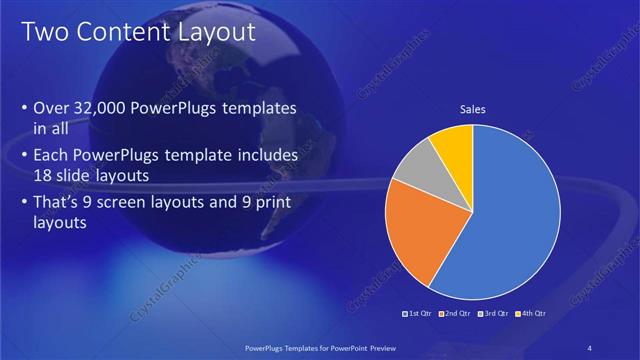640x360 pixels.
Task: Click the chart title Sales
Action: pyautogui.click(x=473, y=110)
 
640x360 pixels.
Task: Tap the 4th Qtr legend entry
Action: pyautogui.click(x=529, y=314)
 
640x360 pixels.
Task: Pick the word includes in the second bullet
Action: pyautogui.click(x=263, y=156)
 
